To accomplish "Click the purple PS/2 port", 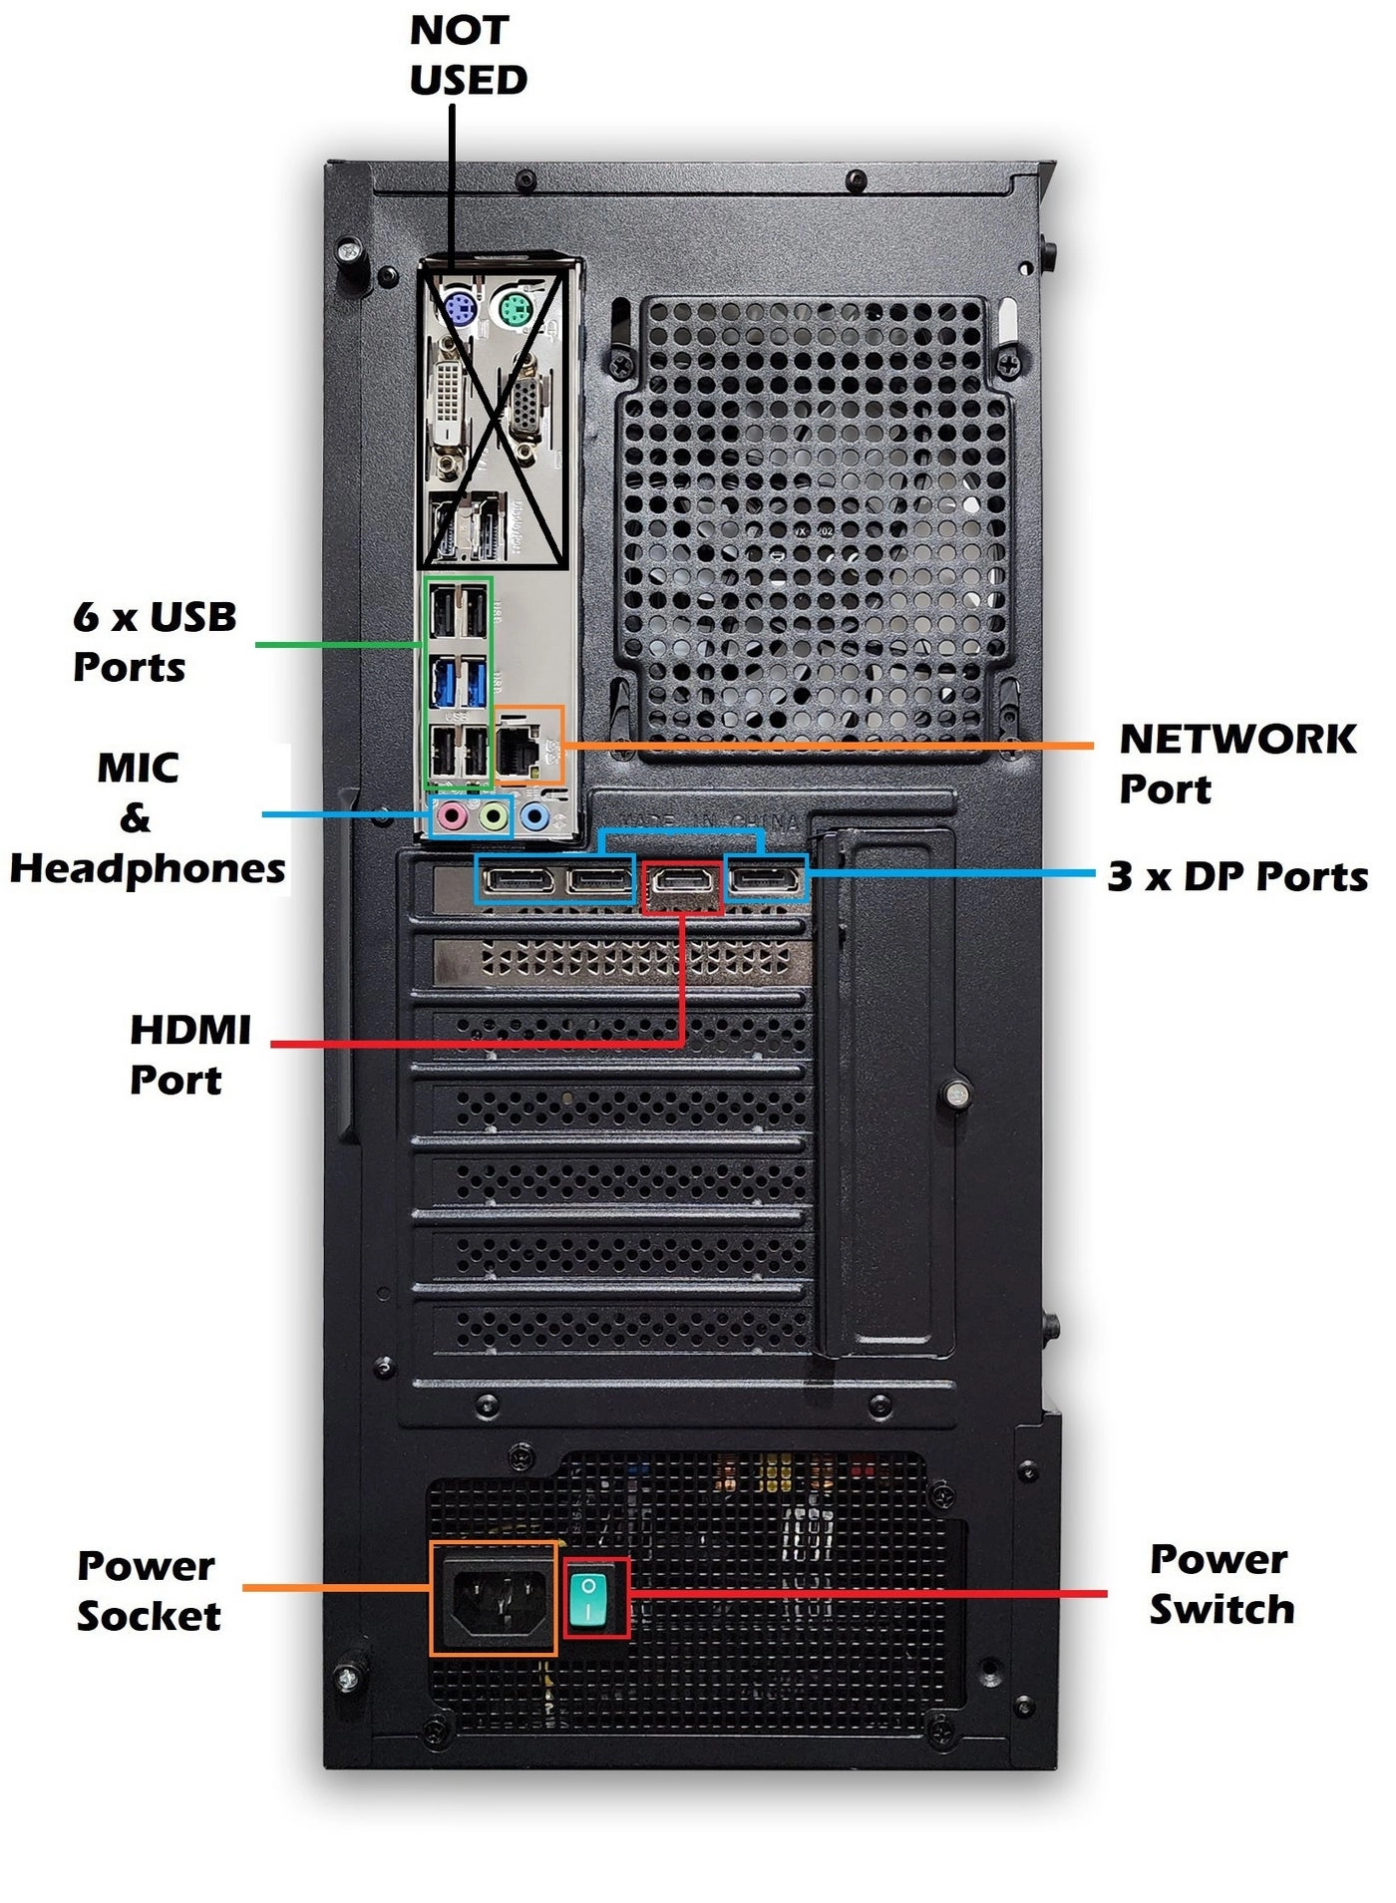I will [x=458, y=311].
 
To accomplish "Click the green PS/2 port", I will [x=514, y=311].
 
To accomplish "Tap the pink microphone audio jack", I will [x=452, y=817].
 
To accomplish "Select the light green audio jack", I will [x=494, y=817].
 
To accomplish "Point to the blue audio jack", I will [x=535, y=817].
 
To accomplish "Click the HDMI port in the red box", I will [x=681, y=881].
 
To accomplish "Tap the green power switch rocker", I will [x=588, y=1598].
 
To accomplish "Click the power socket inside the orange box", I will [x=494, y=1599].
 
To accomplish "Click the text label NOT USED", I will [x=467, y=55].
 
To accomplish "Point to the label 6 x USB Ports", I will [x=155, y=642].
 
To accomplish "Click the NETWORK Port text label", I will [x=1236, y=764].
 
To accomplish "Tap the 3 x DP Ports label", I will [x=1236, y=877].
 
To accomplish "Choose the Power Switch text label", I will [x=1221, y=1585].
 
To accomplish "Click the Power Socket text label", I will [x=148, y=1591].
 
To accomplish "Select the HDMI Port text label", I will [x=189, y=1055].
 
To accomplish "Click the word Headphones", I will [x=148, y=869].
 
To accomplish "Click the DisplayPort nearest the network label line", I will [x=765, y=880].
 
